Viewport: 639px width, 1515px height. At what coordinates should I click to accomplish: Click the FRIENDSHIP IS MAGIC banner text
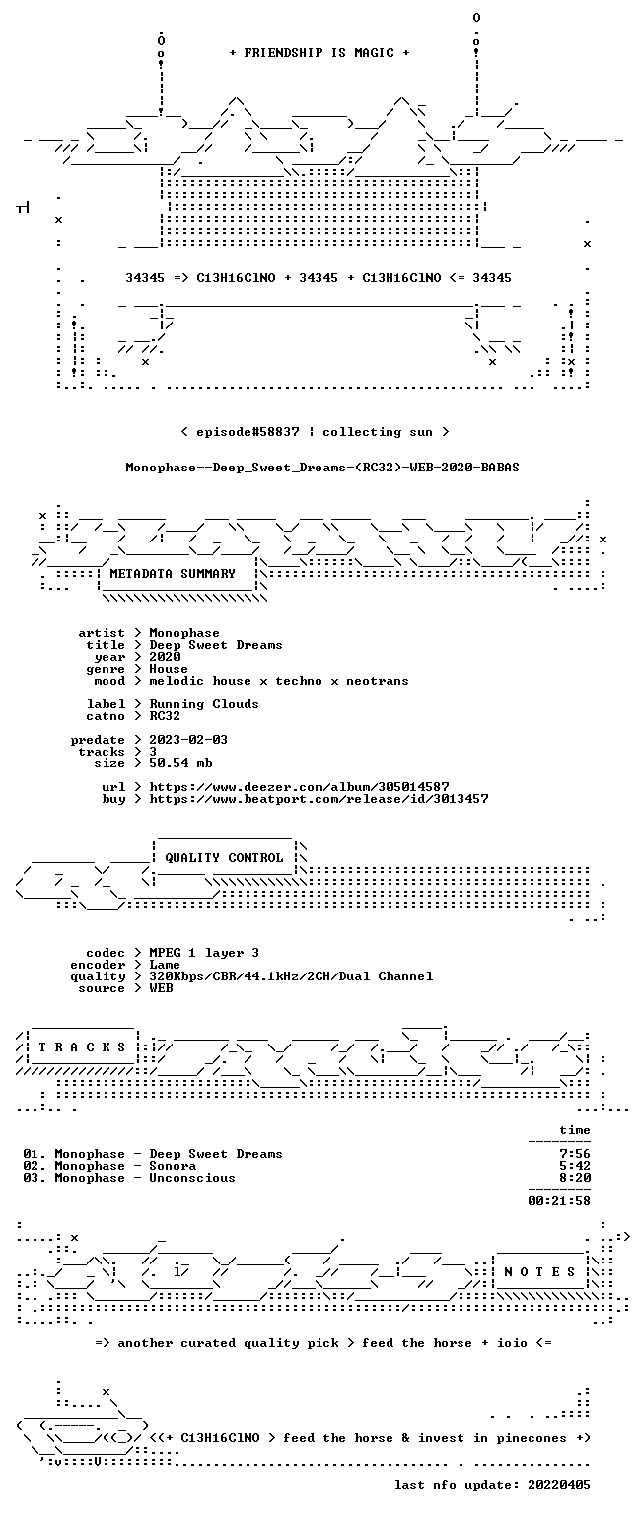319,52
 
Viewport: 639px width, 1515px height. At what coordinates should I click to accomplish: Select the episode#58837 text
248,432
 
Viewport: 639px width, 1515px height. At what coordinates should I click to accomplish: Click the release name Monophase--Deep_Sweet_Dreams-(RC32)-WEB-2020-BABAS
321,468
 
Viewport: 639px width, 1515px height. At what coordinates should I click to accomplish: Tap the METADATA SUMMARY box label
173,573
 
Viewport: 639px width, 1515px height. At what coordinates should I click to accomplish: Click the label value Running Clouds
204,704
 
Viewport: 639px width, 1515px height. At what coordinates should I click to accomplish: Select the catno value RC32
165,716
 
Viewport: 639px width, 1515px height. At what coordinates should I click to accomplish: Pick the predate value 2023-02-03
188,740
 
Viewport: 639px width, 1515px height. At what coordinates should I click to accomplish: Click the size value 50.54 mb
180,763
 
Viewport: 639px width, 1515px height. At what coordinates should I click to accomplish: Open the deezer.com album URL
299,787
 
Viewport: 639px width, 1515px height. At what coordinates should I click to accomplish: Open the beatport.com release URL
319,799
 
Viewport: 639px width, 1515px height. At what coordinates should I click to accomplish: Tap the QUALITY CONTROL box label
224,857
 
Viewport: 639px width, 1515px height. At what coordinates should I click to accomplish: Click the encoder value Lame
165,965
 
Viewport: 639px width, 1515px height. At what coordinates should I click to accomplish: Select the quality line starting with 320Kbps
292,976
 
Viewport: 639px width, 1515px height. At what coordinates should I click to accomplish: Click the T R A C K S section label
82,1047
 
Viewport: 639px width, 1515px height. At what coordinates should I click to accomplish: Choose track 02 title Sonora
174,1166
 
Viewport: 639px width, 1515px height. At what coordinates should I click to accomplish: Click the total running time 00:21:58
558,1201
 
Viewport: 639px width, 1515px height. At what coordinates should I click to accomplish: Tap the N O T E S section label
539,1272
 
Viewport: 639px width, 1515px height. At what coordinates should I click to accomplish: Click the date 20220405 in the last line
558,1485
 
